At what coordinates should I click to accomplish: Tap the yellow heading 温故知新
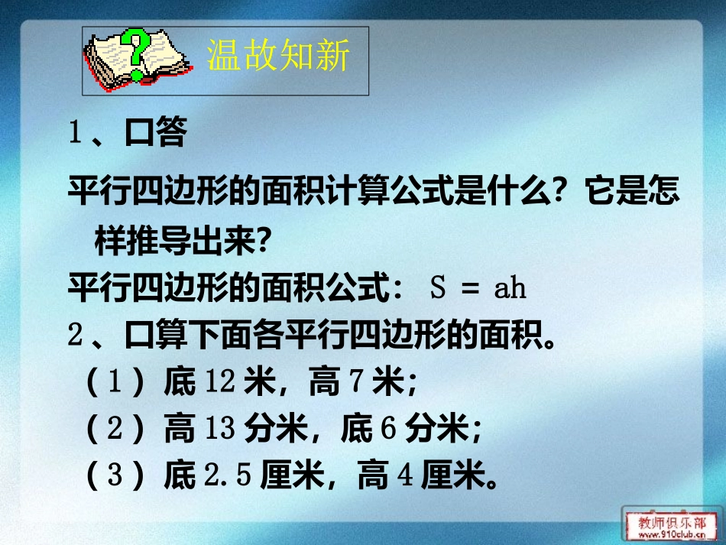pos(278,57)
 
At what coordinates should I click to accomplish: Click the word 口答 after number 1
pos(156,134)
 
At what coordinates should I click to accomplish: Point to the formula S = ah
pos(479,290)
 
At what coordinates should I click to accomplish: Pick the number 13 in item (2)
pos(220,429)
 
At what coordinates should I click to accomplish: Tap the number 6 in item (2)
pos(387,429)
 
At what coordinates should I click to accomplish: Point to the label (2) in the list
pos(115,429)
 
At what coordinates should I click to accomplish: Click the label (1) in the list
pos(115,383)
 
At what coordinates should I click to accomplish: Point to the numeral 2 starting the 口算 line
pos(75,336)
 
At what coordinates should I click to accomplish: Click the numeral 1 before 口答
pos(75,134)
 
